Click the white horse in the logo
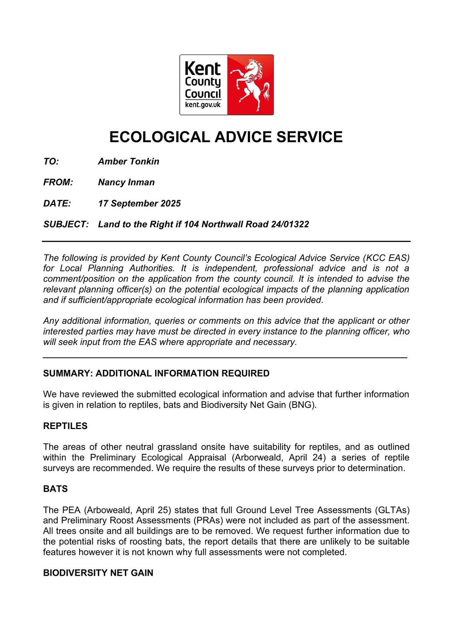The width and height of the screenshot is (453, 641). point(251,85)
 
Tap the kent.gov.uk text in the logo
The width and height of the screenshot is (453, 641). point(203,105)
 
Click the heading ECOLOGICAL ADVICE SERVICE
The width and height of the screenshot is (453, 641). point(226,137)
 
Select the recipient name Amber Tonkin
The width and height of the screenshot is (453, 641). point(128,161)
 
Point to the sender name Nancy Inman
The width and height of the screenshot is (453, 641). point(126,182)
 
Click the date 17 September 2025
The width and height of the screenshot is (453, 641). point(139,204)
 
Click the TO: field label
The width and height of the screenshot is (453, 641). point(51,161)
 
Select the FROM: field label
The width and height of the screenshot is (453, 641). point(58,182)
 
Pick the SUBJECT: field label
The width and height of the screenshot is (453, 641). point(66,224)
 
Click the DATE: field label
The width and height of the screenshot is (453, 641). point(57,204)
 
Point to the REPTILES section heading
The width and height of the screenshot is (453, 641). point(65,426)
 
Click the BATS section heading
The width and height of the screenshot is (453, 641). point(56,489)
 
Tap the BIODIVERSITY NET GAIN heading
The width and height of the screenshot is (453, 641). point(98,573)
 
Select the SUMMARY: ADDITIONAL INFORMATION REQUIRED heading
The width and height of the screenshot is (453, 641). point(156,373)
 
